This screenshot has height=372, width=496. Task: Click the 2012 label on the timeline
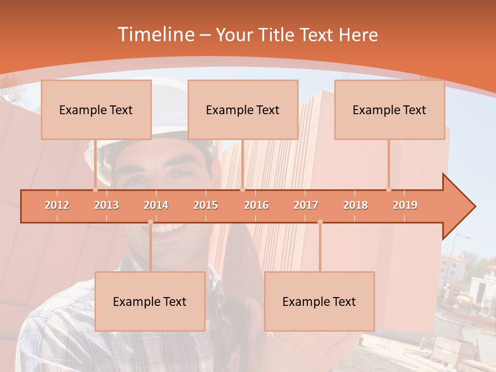[x=57, y=206]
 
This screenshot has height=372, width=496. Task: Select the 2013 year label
[x=106, y=206]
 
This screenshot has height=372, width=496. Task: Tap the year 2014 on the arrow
[x=156, y=206]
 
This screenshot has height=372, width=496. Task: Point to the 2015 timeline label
[x=206, y=206]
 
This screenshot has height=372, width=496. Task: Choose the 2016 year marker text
[x=256, y=206]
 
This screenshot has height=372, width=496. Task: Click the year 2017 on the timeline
[x=306, y=206]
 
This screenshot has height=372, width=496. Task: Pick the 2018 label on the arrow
[x=355, y=206]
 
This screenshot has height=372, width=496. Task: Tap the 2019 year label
[x=405, y=206]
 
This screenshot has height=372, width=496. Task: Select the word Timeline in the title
[x=155, y=35]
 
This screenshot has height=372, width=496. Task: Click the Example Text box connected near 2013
[x=96, y=110]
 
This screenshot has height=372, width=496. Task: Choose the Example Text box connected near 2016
[x=243, y=110]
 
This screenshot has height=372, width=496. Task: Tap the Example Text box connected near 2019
[x=390, y=110]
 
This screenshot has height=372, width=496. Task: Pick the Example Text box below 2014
[x=150, y=301]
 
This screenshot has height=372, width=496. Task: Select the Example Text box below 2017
[x=319, y=301]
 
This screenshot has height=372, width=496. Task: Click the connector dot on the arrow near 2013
[x=95, y=190]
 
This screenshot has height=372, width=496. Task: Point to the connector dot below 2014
[x=150, y=222]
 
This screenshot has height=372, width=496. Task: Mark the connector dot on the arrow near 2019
[x=389, y=190]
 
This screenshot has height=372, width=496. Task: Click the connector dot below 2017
[x=320, y=222]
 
